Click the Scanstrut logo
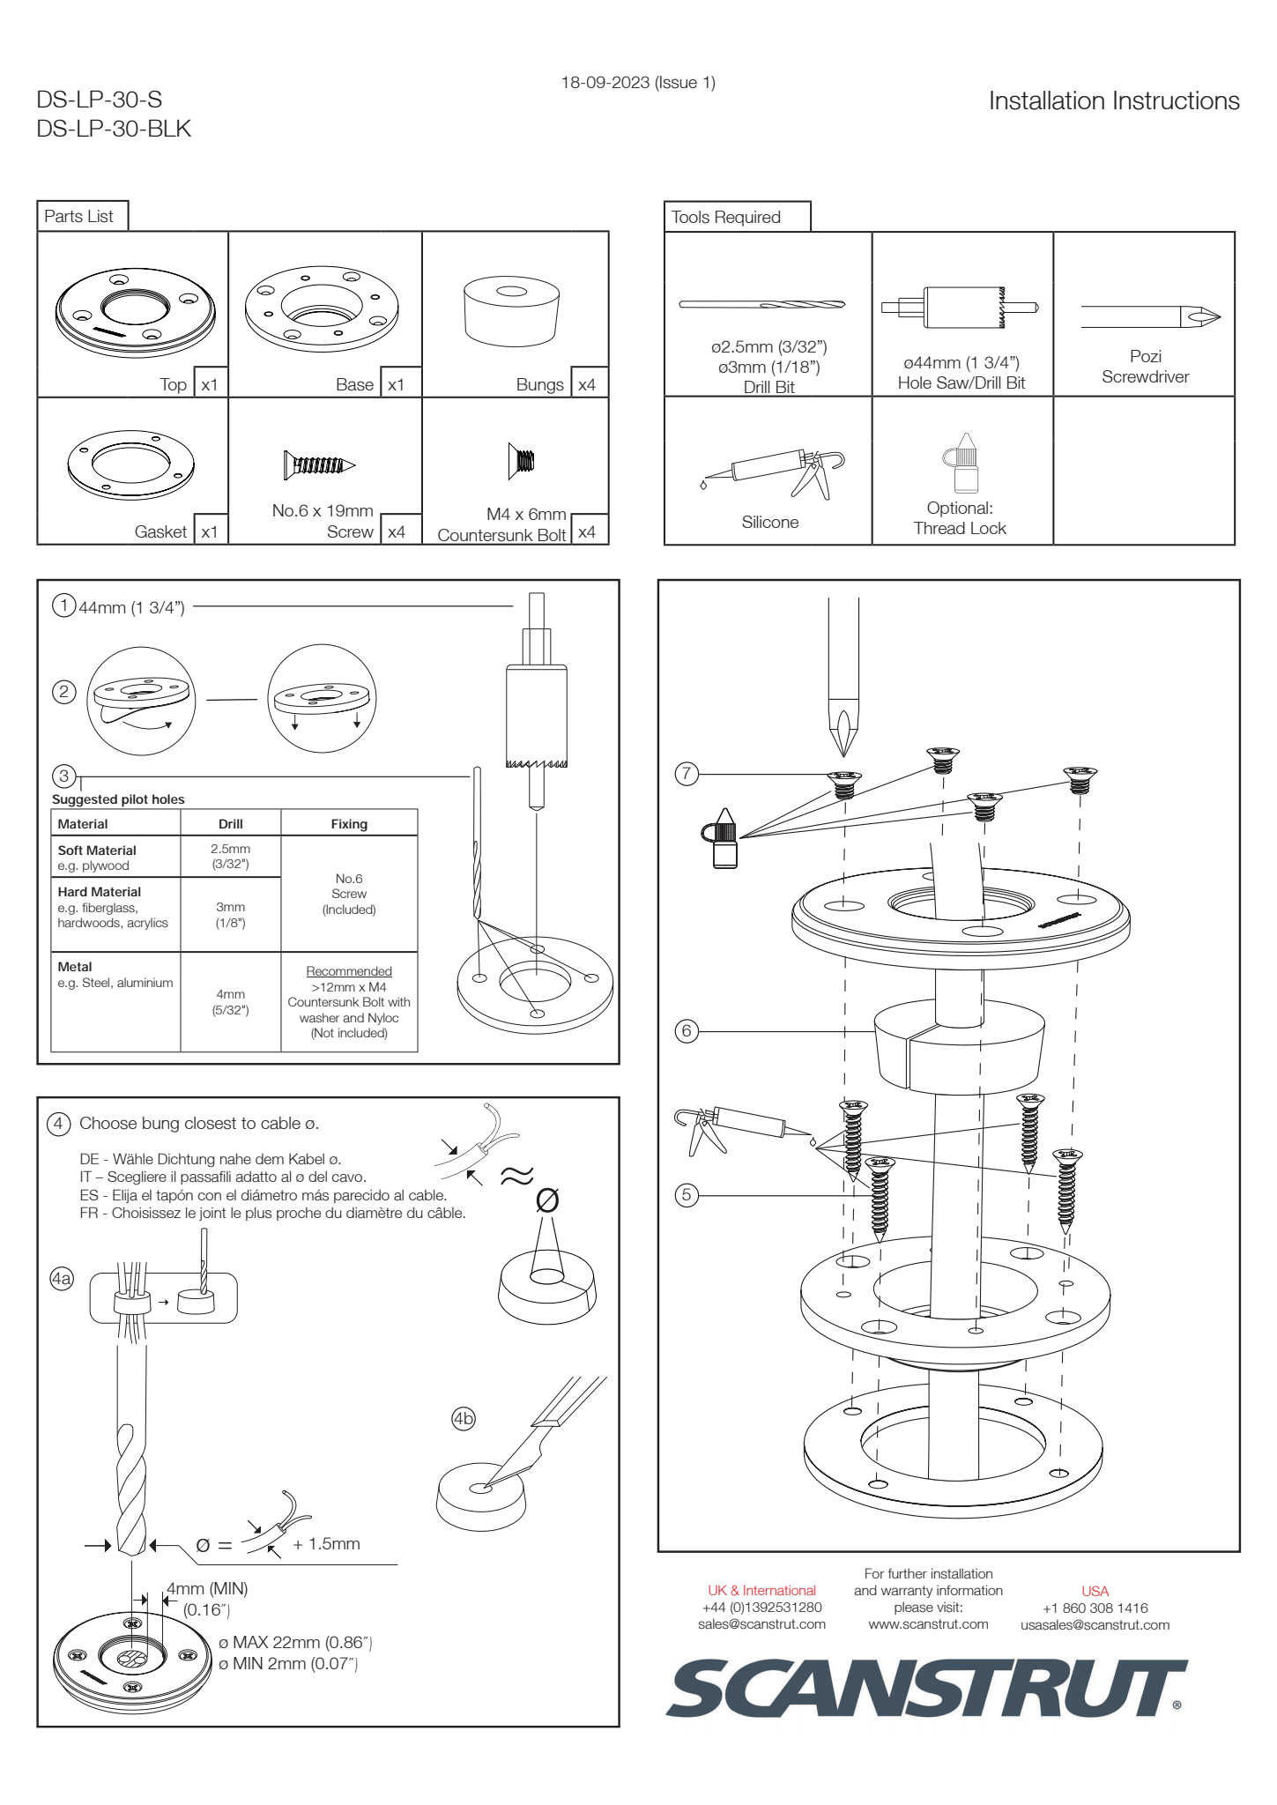(925, 1688)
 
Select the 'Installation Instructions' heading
(1113, 101)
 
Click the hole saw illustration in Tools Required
(961, 308)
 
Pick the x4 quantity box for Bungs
(587, 384)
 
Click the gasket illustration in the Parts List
(130, 464)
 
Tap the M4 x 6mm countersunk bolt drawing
(522, 461)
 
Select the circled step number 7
(687, 774)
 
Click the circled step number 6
(687, 1030)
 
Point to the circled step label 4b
(463, 1418)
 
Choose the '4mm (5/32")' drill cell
(230, 1002)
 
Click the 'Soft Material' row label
(97, 851)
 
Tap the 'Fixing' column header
(349, 824)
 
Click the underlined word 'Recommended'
(349, 971)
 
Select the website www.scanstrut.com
(928, 1623)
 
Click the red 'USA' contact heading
(1095, 1591)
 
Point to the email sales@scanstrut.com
(761, 1623)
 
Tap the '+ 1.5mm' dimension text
(326, 1543)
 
